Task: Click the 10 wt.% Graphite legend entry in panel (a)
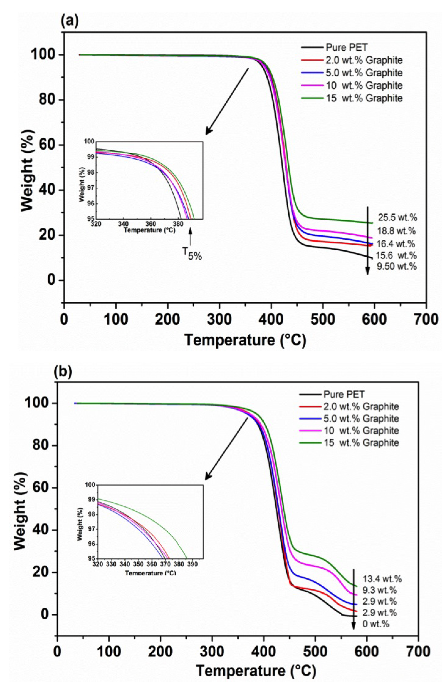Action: click(x=364, y=85)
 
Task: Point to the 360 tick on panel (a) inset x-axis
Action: click(x=150, y=224)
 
